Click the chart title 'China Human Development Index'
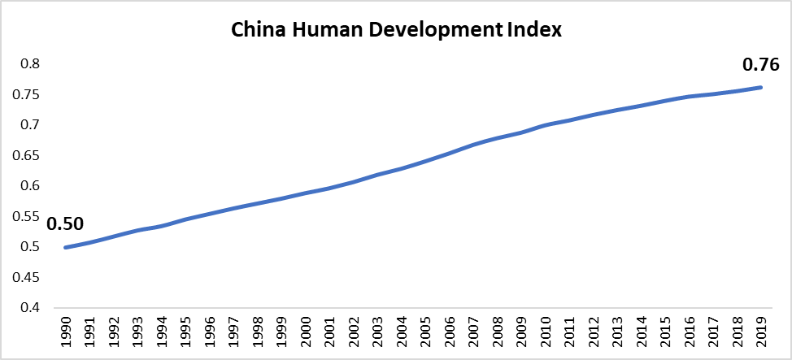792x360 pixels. click(397, 30)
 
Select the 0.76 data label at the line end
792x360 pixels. click(760, 65)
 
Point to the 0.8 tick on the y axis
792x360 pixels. click(30, 64)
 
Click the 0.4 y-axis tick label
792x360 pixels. click(30, 308)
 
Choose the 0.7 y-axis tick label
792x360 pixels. click(30, 125)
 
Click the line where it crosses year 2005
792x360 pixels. click(424, 161)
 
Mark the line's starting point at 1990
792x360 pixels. click(66, 247)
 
